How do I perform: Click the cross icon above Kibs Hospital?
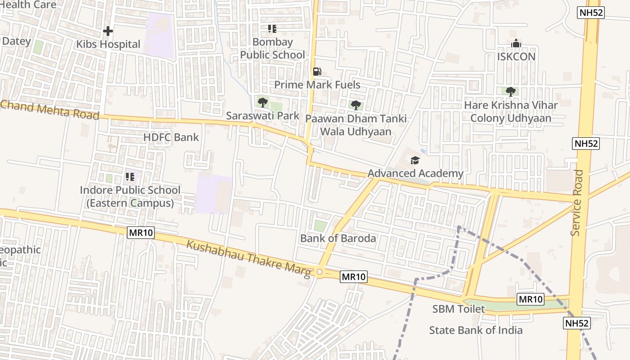coord(108,31)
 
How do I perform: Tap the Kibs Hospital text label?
coord(108,45)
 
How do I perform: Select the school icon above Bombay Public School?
coord(272,29)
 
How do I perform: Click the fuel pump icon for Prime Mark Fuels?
coord(317,72)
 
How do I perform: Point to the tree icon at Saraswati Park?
coord(263,103)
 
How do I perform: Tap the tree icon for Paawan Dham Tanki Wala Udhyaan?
coord(356,105)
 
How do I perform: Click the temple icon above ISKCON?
coord(516,44)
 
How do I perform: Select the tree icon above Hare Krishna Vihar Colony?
coord(510,92)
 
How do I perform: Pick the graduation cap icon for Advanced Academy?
coord(415,160)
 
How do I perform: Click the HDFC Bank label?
coord(171,137)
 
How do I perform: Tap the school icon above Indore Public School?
coord(130,176)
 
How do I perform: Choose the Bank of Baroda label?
coord(338,238)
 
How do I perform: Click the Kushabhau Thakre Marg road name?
coord(249,259)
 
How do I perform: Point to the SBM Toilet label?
coord(459,309)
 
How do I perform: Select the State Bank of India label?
coord(476,330)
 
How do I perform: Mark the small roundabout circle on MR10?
coord(319,272)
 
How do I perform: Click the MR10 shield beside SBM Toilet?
coord(531,299)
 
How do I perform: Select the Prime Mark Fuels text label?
coord(317,85)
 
